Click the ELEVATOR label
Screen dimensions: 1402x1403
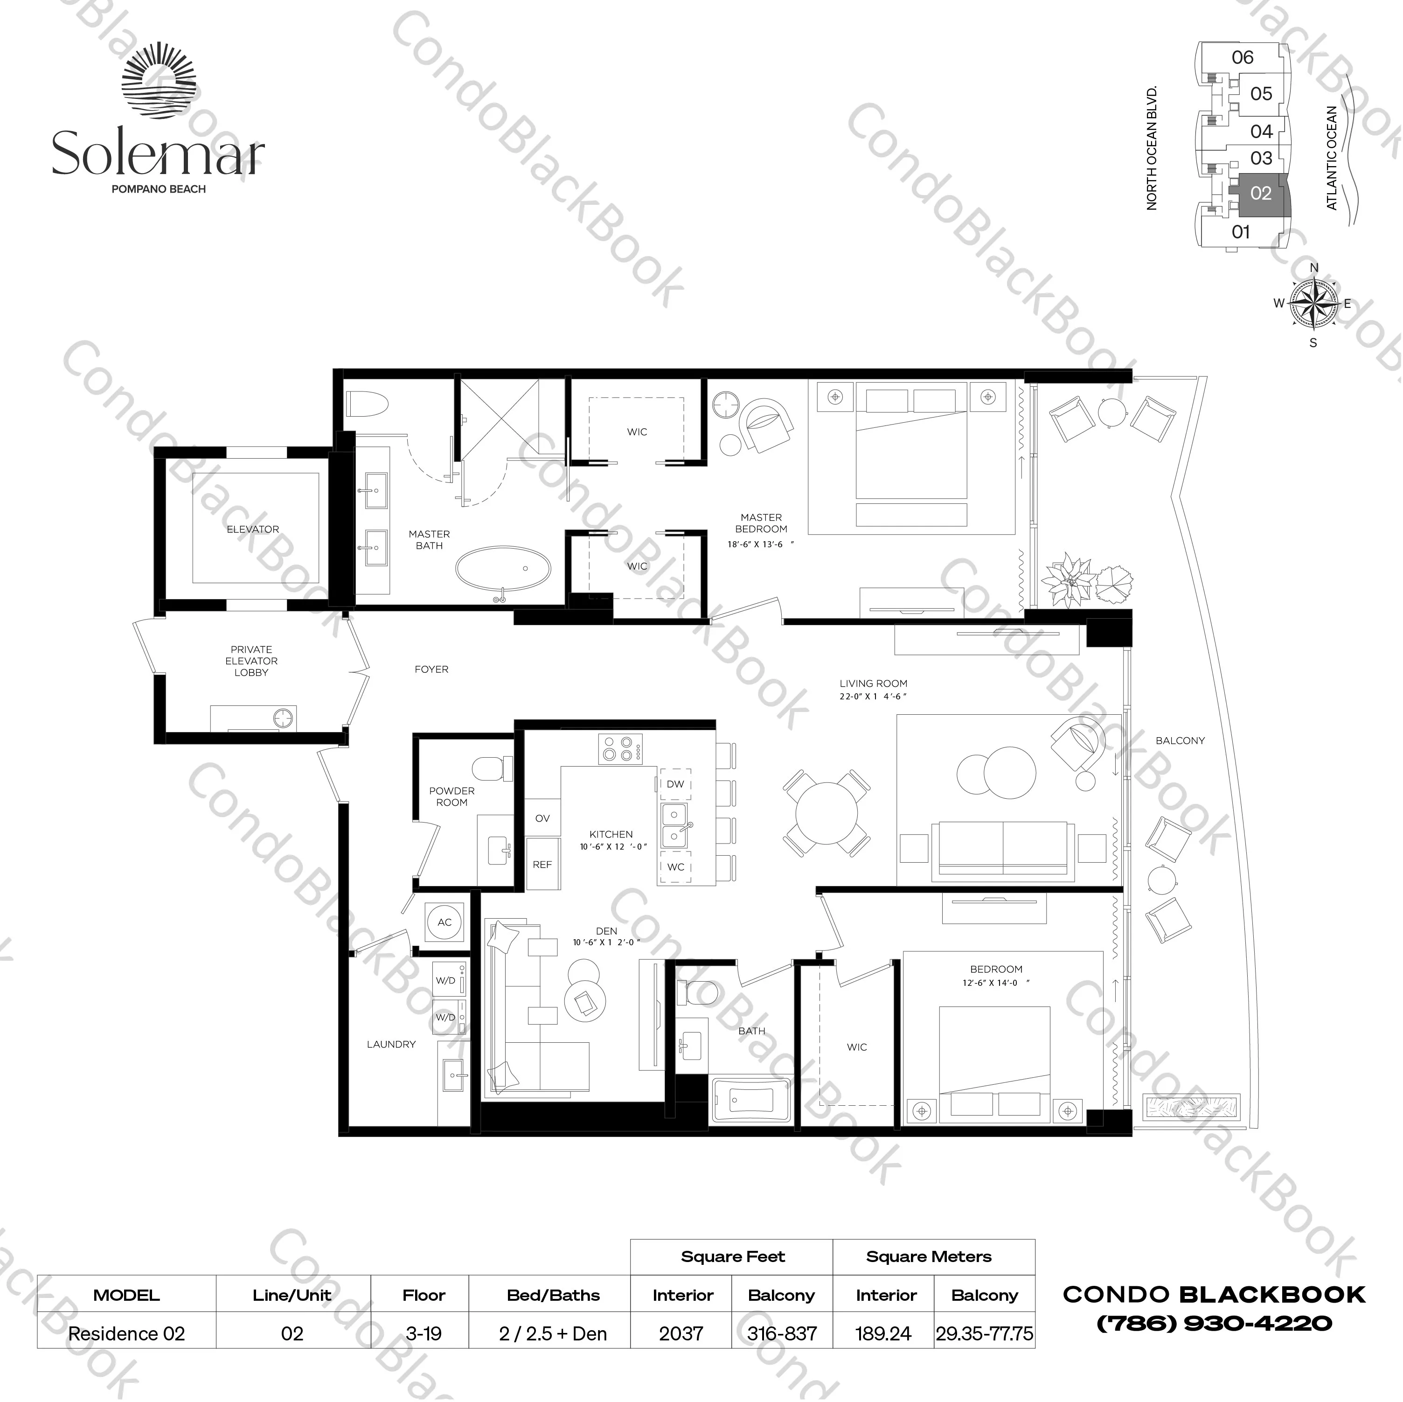point(253,529)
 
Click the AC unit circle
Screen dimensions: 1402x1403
point(445,922)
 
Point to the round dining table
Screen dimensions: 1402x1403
point(827,812)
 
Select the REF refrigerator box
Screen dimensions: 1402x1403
point(542,865)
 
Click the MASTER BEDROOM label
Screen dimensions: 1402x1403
point(761,523)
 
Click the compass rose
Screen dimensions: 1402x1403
point(1313,304)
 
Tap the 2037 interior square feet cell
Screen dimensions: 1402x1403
point(681,1334)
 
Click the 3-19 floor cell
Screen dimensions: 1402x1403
point(424,1334)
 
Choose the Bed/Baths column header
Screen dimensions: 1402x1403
point(553,1295)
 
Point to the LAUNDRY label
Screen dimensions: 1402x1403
point(391,1044)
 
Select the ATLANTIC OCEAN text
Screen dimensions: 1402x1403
point(1331,158)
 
